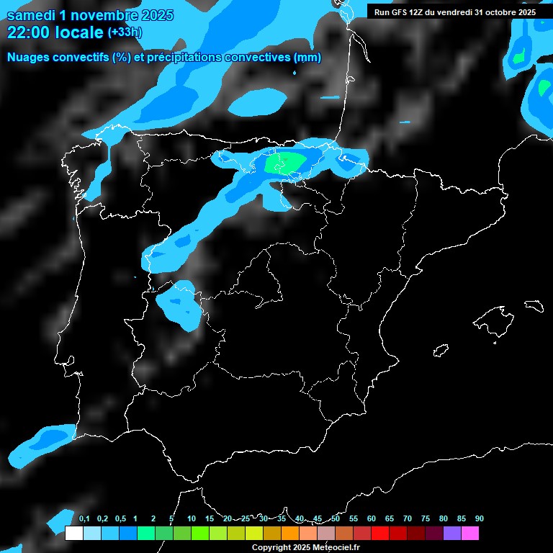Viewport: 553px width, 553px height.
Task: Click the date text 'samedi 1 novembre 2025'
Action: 90,15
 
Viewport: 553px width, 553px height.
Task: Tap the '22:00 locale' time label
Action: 55,32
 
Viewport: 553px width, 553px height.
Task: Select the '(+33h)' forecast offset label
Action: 125,32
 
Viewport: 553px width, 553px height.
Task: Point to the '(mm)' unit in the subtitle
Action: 307,58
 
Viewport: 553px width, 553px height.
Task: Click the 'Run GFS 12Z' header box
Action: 454,12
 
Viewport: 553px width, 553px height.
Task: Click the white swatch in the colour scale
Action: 73,533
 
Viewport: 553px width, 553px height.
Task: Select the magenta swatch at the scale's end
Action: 470,533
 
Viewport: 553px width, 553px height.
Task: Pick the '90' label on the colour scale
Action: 479,519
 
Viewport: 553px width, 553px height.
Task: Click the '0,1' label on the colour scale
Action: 84,519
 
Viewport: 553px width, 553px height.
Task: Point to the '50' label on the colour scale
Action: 336,519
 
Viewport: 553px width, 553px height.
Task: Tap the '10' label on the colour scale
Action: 191,519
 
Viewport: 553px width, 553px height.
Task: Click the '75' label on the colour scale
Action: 426,519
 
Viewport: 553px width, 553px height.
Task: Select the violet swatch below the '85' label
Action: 452,533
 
